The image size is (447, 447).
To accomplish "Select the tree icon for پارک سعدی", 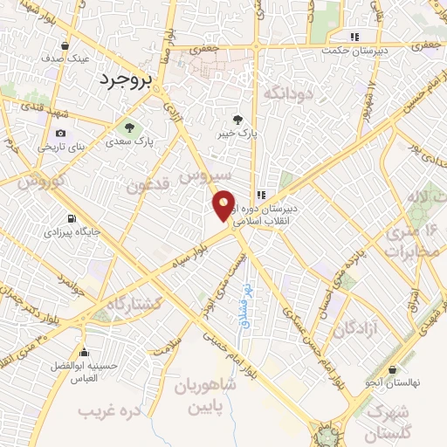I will click(x=130, y=127).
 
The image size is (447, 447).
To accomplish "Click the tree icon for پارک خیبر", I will click(x=239, y=120).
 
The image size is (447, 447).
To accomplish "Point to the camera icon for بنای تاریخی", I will click(x=60, y=133).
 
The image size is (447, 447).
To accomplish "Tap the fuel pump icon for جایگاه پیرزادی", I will click(x=71, y=219).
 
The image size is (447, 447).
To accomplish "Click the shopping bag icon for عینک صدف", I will click(x=65, y=45).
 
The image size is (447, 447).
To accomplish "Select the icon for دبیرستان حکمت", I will click(x=354, y=37).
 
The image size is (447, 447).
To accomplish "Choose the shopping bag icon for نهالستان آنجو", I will click(x=393, y=369).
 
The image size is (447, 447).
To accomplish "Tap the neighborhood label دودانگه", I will click(x=286, y=93).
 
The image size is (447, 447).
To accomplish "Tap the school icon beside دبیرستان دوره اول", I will click(x=260, y=195).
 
